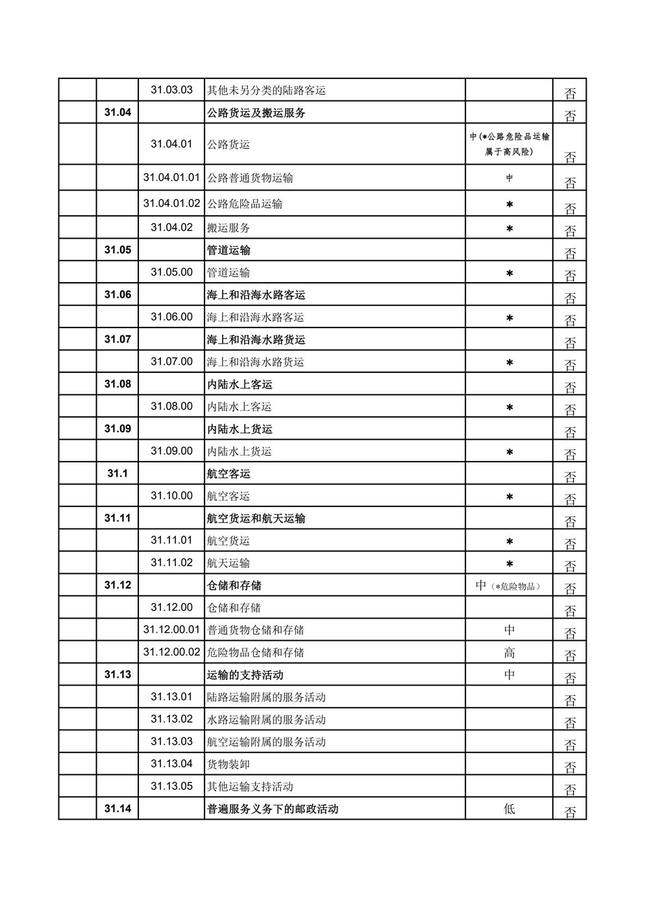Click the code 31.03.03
[171, 89]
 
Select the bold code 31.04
[117, 112]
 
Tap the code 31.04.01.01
[171, 177]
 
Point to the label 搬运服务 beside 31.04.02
[228, 228]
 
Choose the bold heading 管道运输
[228, 250]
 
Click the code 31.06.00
[171, 317]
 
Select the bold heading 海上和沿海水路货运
[256, 340]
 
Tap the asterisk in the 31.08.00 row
[509, 407]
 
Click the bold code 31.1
[117, 473]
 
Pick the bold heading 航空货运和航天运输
[256, 519]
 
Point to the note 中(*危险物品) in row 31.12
[509, 586]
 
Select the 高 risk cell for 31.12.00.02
[509, 652]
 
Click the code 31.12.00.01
[171, 630]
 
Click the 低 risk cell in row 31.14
[509, 809]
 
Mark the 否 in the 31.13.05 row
[570, 789]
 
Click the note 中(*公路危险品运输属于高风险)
[509, 144]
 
